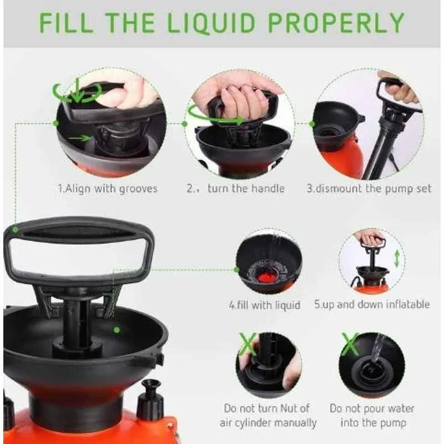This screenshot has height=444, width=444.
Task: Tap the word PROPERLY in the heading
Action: click(x=336, y=23)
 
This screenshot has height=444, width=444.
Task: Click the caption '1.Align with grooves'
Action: click(x=108, y=188)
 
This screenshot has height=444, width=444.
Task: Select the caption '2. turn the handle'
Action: click(x=236, y=188)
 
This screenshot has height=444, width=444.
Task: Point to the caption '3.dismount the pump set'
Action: click(x=369, y=188)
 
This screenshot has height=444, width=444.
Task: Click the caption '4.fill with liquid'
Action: click(x=265, y=305)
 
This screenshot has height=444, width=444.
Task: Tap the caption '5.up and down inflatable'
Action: click(x=372, y=304)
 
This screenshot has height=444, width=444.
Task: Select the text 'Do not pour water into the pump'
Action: click(x=372, y=415)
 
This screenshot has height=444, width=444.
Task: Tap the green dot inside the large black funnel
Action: click(x=117, y=329)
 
